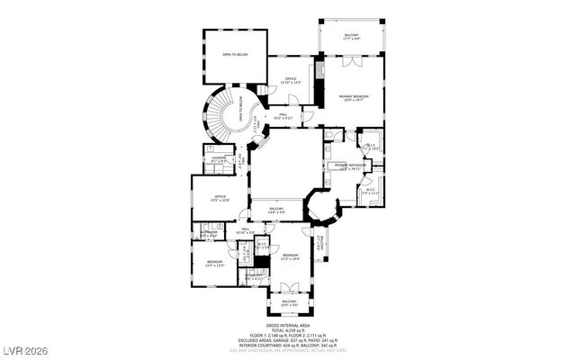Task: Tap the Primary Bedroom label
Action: (x=354, y=96)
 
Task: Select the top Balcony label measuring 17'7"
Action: (x=351, y=36)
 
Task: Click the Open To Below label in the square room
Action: (x=235, y=55)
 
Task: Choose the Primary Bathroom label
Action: (x=351, y=166)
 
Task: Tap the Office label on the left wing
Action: (x=219, y=197)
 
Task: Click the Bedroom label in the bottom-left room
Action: (x=214, y=263)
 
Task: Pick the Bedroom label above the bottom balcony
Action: (x=290, y=256)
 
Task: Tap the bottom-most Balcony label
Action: (x=288, y=303)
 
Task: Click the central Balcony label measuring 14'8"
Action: (x=277, y=210)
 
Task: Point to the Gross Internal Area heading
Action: (x=287, y=325)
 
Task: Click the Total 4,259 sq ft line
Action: (x=287, y=330)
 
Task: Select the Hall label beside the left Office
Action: (x=246, y=230)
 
